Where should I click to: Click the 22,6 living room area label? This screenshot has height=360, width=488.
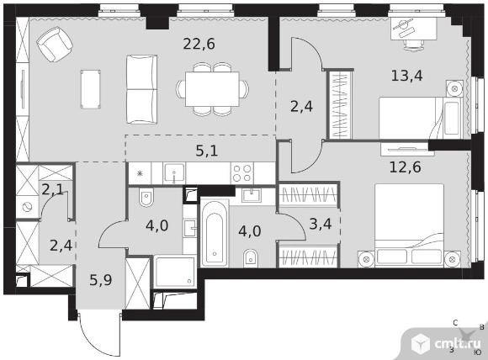[199, 44]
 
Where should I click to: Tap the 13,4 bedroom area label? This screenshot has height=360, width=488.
[406, 76]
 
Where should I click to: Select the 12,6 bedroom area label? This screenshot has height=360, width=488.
[406, 167]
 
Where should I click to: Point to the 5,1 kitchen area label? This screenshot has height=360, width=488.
[207, 151]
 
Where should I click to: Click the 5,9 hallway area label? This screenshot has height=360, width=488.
[101, 280]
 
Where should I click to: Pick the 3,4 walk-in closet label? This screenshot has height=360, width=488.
[321, 224]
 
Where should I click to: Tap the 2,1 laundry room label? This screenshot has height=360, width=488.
[53, 189]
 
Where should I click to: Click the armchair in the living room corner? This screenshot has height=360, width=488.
[55, 45]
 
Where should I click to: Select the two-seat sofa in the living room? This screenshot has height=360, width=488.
[141, 90]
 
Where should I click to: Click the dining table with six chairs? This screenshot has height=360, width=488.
[212, 89]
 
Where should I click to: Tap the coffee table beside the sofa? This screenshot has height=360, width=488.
[91, 89]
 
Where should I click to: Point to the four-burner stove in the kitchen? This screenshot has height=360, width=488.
[242, 173]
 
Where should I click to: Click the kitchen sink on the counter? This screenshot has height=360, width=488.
[175, 173]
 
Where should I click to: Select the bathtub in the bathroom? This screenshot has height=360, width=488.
[215, 234]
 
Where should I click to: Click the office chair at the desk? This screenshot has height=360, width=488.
[414, 45]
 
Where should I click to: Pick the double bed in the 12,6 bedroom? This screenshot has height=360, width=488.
[409, 225]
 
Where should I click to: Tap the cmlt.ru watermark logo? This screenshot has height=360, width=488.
[446, 343]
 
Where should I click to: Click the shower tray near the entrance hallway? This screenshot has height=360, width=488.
[175, 272]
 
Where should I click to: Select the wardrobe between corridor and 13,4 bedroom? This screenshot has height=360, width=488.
[340, 104]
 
